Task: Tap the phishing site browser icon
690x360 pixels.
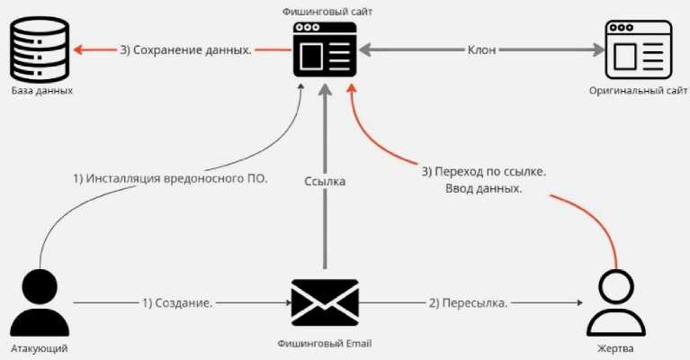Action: click(325, 51)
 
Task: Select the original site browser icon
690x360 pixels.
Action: click(638, 51)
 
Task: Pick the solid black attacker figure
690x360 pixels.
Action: click(40, 302)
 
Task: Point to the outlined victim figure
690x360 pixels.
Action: click(616, 305)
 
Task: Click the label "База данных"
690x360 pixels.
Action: click(42, 92)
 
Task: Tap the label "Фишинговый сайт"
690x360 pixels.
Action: click(326, 11)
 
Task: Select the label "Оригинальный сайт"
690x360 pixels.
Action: click(639, 92)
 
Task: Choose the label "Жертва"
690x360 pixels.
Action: click(617, 347)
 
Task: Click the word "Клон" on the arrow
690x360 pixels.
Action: click(482, 50)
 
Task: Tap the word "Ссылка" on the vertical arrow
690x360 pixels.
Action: click(325, 181)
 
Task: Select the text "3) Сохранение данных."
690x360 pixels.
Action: click(185, 50)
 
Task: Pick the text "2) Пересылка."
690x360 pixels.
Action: click(468, 302)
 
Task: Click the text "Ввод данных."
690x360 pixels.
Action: click(483, 190)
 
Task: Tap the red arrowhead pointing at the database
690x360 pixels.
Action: click(82, 50)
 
